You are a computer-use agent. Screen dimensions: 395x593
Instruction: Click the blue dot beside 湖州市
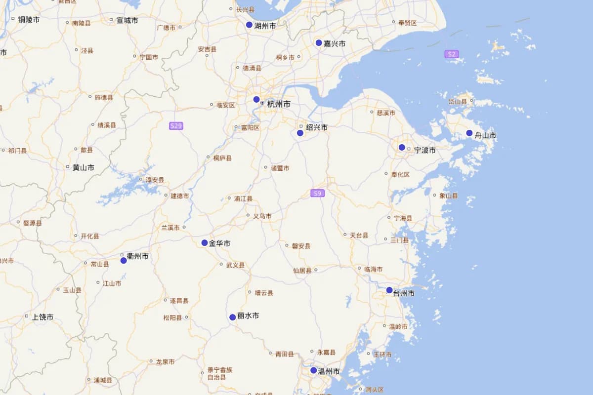click(x=250, y=25)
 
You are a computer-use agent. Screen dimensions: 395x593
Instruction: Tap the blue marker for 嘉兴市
click(x=319, y=43)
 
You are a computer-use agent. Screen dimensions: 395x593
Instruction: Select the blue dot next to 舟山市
click(x=469, y=133)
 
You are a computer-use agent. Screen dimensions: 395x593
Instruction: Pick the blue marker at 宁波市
click(x=402, y=147)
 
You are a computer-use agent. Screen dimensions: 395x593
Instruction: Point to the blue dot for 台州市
click(x=389, y=290)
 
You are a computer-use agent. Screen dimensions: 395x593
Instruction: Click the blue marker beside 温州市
click(x=314, y=370)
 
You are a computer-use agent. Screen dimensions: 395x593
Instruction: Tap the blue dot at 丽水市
click(x=232, y=317)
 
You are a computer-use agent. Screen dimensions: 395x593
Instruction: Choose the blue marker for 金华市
click(x=205, y=242)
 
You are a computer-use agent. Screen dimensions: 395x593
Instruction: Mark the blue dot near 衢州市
click(x=124, y=260)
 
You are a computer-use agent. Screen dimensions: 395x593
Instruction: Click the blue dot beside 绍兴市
click(x=300, y=133)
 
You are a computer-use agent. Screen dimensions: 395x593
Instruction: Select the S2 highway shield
click(x=451, y=54)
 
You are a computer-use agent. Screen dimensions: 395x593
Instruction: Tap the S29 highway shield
click(x=176, y=126)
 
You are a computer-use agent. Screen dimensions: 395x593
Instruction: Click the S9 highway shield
click(x=318, y=193)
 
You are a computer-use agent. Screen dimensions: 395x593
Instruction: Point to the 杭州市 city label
click(x=279, y=104)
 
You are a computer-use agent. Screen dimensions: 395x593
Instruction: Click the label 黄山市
click(x=84, y=167)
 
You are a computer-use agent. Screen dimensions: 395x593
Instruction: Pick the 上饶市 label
click(x=43, y=317)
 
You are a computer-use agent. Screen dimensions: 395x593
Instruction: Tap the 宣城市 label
click(x=127, y=21)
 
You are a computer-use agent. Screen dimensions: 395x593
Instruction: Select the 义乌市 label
click(x=262, y=216)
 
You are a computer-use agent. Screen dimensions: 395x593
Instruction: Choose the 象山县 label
click(x=449, y=196)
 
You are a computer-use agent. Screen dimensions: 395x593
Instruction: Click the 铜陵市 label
click(x=29, y=20)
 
